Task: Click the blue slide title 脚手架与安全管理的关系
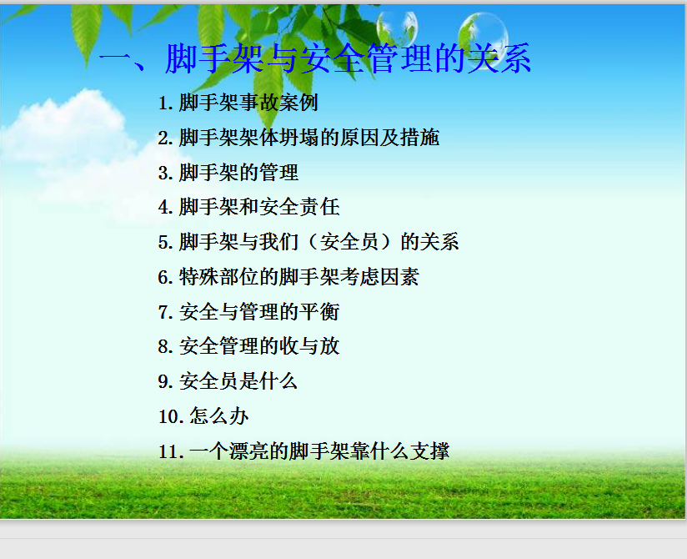349,58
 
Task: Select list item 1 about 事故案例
238,103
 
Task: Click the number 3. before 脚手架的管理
166,173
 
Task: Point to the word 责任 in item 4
319,207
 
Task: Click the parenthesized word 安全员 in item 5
349,242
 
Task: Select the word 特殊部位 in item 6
219,277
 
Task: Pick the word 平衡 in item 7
319,312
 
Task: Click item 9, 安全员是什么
228,381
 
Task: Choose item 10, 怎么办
203,416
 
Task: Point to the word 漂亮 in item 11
248,451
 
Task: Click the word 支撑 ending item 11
430,451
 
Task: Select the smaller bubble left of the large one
398,28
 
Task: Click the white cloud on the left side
70,140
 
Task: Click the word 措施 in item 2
419,138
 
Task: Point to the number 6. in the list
166,277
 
